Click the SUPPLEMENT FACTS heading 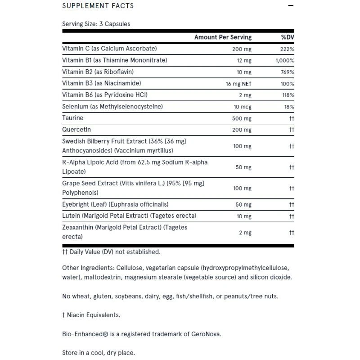click(98, 6)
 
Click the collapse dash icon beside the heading click(291, 6)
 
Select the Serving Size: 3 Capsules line click(96, 24)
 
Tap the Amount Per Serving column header click(223, 37)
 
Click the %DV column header click(287, 37)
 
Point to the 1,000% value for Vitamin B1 click(285, 60)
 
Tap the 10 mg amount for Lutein click(244, 216)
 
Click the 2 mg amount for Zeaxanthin click(245, 233)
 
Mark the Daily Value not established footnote click(111, 252)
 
